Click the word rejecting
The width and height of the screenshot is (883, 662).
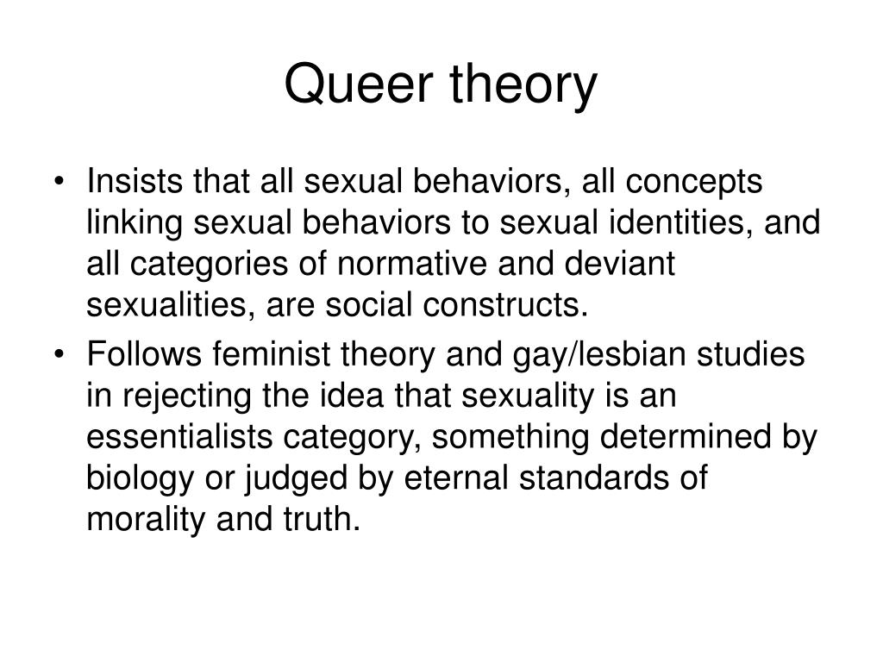coord(180,396)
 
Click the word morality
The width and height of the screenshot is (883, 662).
coord(140,520)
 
